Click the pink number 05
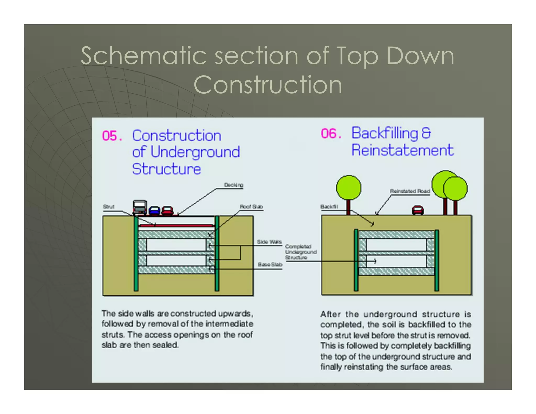click(x=112, y=136)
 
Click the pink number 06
click(x=331, y=133)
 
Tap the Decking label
click(x=233, y=185)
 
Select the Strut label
click(x=109, y=206)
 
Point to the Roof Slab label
click(x=251, y=206)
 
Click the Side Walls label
click(x=269, y=242)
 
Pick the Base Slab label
click(x=270, y=264)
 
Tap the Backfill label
click(x=329, y=206)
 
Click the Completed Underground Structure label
click(x=300, y=252)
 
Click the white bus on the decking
click(x=139, y=207)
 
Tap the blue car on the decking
click(x=154, y=210)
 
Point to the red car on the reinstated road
click(x=418, y=210)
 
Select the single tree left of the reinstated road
click(x=349, y=188)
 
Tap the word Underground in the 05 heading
click(x=195, y=152)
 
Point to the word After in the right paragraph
click(x=331, y=314)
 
